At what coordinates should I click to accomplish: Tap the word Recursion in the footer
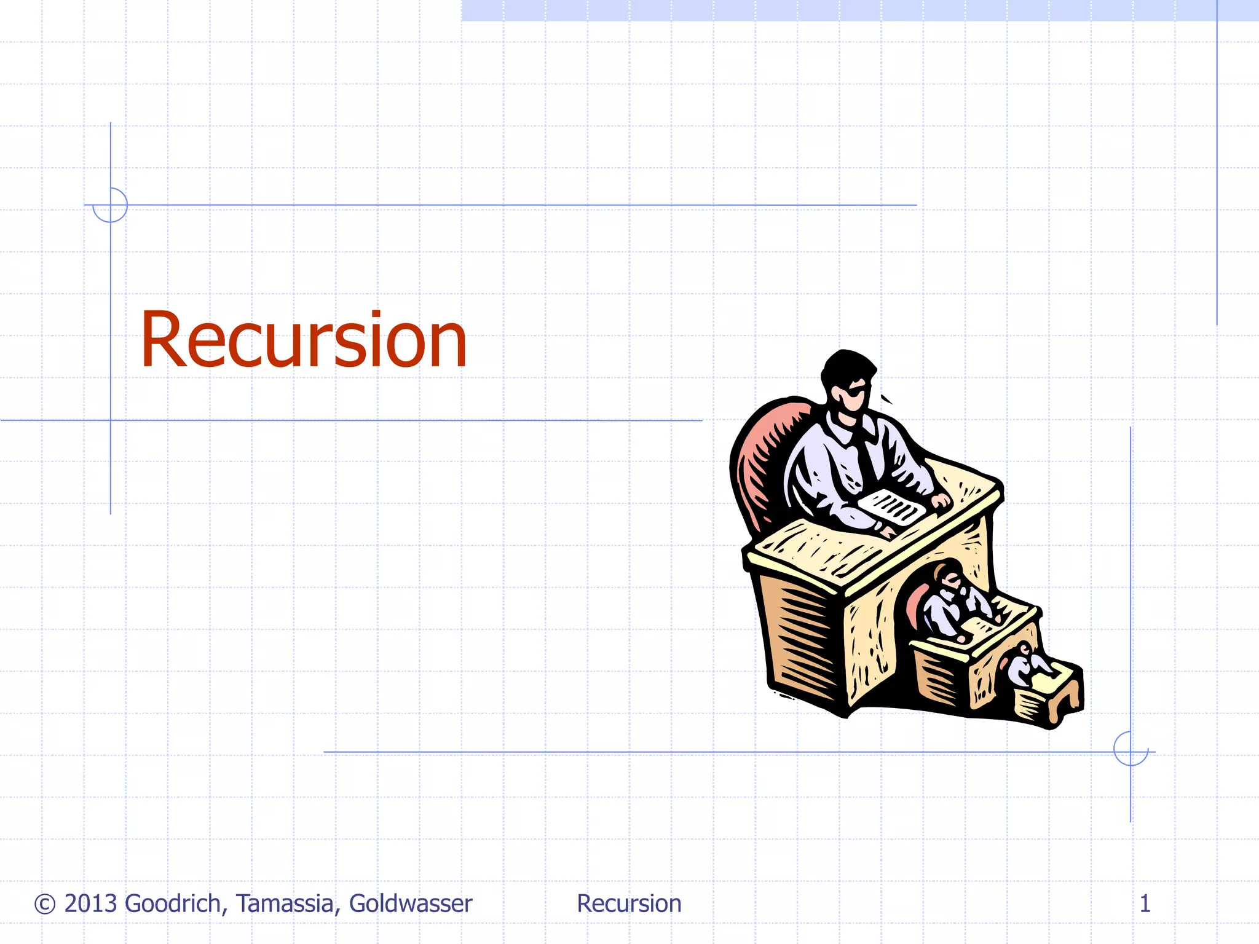[x=629, y=903]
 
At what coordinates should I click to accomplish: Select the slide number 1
[x=1145, y=903]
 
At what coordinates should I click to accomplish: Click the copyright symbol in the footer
[x=45, y=904]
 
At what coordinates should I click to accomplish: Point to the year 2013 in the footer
[x=90, y=903]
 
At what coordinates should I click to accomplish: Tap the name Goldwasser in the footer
[x=411, y=903]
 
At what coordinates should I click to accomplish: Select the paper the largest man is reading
[x=891, y=507]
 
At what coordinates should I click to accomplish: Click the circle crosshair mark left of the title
[x=110, y=205]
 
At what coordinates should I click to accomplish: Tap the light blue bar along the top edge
[x=861, y=10]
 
